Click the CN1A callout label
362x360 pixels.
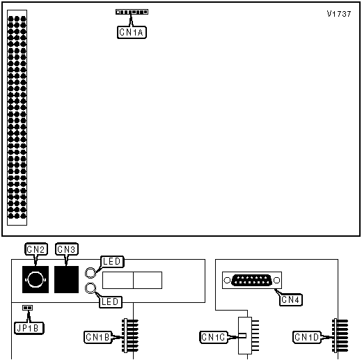coord(132,32)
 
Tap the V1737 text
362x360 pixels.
coord(339,14)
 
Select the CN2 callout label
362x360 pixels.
coord(36,249)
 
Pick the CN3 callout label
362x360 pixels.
coord(67,249)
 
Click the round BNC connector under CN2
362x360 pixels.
coord(36,279)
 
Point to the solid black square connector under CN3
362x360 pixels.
coord(66,279)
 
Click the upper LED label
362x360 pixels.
coord(112,262)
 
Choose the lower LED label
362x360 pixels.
coord(111,302)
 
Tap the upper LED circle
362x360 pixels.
coord(90,272)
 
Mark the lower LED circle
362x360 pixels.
coord(90,288)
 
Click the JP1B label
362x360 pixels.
coord(29,328)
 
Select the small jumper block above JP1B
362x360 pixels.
coord(28,308)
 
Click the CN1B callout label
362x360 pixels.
coord(97,337)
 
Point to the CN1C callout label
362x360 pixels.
coord(214,337)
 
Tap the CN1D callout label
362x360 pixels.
coord(307,337)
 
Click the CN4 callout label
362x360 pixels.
coord(291,299)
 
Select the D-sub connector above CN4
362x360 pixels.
coord(252,280)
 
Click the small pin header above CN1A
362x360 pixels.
coord(132,12)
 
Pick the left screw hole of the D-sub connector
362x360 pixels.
coord(227,281)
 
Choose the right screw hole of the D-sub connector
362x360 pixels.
coord(276,281)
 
